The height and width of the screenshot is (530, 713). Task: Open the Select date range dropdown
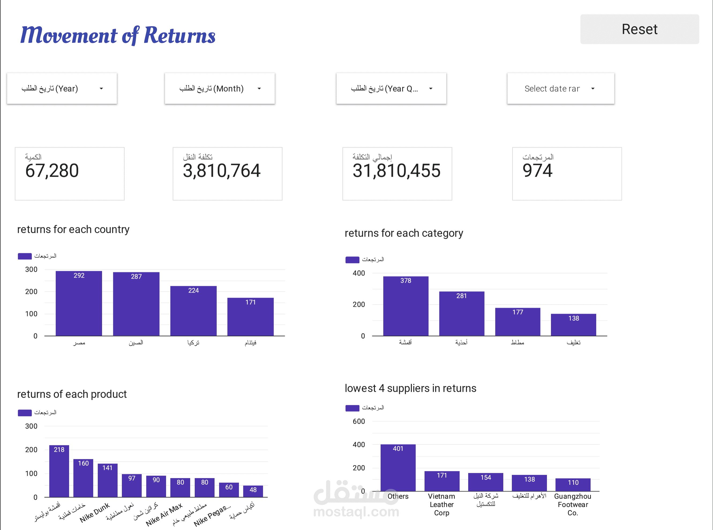pos(561,89)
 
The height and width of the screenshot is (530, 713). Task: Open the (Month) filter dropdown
pos(220,89)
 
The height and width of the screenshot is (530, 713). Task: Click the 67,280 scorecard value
pos(52,170)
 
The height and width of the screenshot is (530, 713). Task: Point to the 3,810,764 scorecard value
pos(222,170)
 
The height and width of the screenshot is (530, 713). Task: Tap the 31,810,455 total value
pos(396,170)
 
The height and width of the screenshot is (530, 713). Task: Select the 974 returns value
pos(537,170)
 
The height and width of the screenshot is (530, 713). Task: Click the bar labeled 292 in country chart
pos(79,304)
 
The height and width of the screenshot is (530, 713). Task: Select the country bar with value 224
pos(193,311)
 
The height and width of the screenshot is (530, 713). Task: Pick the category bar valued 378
pos(406,306)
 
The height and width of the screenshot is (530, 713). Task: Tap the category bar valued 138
pos(573,325)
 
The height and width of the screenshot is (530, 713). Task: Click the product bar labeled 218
pos(59,471)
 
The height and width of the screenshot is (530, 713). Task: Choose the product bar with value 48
pos(253,491)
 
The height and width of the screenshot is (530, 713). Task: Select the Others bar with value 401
pos(398,467)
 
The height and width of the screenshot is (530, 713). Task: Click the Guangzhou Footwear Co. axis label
pos(573,504)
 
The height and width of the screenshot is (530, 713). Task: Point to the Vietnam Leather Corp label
pos(442,504)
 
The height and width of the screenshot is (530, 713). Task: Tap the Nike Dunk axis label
pos(95,512)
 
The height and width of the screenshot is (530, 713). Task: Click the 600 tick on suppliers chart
pos(359,421)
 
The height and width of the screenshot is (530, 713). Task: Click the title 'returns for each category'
pos(404,233)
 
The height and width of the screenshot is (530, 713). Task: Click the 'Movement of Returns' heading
pos(118,35)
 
